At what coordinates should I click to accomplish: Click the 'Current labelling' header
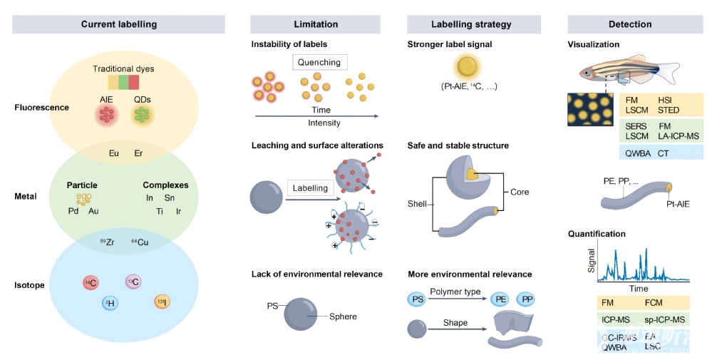point(119,24)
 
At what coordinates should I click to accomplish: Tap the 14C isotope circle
point(91,283)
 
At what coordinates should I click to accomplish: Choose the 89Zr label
point(107,243)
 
